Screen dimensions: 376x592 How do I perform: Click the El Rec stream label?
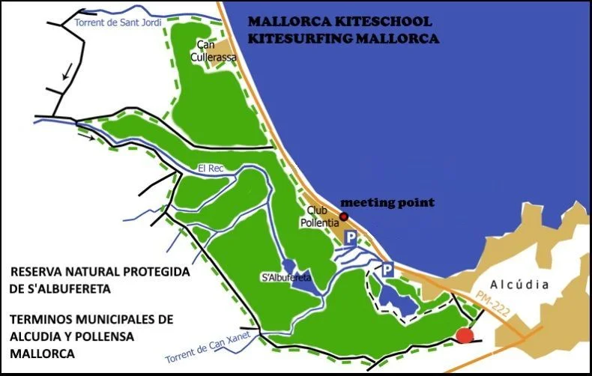[x=211, y=168]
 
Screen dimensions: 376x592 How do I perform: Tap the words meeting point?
[x=387, y=202]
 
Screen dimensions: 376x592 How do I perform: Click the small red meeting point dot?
[x=344, y=217]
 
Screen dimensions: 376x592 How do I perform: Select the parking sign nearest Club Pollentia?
[x=349, y=238]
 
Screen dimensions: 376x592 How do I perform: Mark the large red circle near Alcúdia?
[x=465, y=336]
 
